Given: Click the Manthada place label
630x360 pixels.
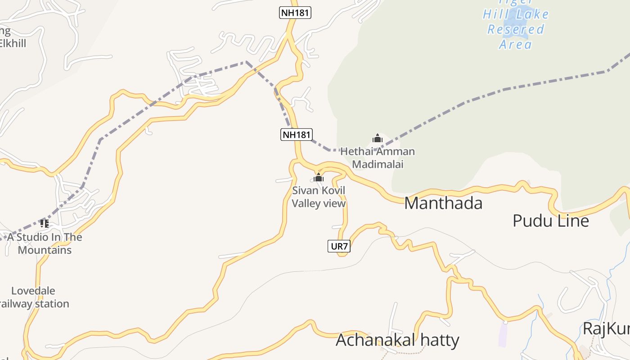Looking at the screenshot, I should point(443,203).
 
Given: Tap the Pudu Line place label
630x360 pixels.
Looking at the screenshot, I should point(551,221).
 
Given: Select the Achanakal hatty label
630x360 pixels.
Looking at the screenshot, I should point(397,340).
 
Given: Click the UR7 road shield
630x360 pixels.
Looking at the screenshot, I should point(339,246).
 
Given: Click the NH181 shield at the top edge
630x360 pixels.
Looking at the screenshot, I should point(295,13).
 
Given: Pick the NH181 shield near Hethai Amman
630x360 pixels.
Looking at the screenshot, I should point(297,134).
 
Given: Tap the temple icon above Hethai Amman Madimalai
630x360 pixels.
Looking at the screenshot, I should point(377,138).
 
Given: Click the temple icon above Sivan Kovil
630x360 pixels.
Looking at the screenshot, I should point(319,177).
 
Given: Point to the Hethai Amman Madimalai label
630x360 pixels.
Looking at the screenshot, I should point(377,158).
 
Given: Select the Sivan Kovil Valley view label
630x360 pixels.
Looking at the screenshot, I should point(319,197).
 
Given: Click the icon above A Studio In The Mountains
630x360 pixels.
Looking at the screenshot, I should point(44,223).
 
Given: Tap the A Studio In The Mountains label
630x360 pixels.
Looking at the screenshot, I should point(45,243).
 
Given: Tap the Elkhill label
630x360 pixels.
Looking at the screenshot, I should point(13,44).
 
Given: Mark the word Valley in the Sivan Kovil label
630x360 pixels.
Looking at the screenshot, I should point(306,203).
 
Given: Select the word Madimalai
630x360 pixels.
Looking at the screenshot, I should point(377,164).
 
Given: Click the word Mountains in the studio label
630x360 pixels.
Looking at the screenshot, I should point(45,250).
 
